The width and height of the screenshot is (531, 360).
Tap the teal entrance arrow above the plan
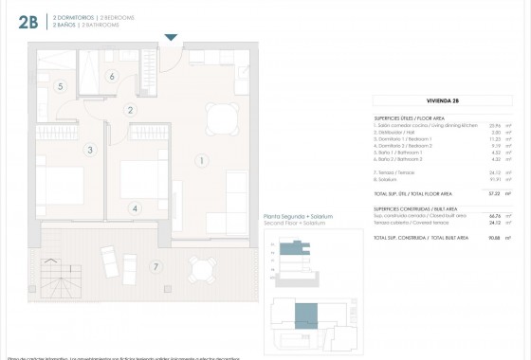(x=171, y=37)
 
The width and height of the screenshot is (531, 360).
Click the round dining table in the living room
(x=221, y=117)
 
